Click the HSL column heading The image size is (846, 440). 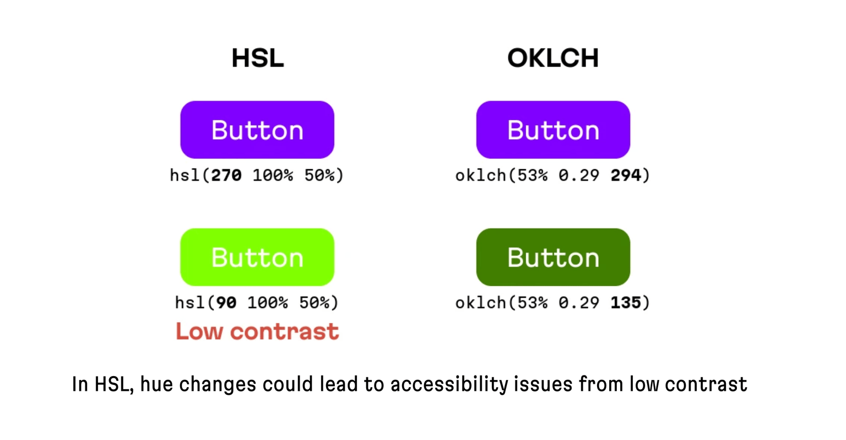point(257,58)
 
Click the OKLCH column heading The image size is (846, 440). point(553,58)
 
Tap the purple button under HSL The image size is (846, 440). point(257,130)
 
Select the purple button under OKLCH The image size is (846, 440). point(553,130)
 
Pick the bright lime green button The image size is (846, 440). point(257,257)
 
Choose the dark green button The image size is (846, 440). point(553,257)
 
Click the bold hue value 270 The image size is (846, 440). point(226,175)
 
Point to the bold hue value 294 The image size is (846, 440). point(626,175)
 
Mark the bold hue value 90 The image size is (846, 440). point(226,303)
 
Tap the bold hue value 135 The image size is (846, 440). point(626,303)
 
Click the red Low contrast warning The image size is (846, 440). point(257,331)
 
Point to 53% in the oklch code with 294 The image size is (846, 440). point(532,175)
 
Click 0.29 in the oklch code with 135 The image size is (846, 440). point(579,303)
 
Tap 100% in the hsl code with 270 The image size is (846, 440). point(273,175)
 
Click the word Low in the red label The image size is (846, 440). point(199,331)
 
